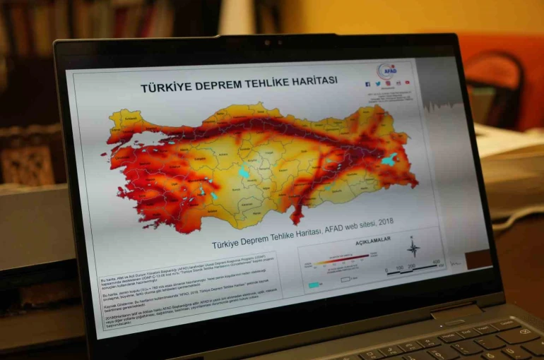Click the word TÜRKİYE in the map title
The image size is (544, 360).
[167, 88]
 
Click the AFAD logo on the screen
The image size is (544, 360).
[387, 70]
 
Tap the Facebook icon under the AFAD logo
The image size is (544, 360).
[368, 84]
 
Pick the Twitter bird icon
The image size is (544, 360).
[378, 84]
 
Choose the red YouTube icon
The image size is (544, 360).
[407, 82]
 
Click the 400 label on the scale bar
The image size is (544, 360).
[436, 262]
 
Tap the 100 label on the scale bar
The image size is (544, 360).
[400, 268]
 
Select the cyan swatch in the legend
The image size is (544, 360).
[313, 285]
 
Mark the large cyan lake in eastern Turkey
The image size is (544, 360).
[389, 160]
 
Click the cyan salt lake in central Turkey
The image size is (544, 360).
[244, 172]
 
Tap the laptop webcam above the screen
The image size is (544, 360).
[266, 42]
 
